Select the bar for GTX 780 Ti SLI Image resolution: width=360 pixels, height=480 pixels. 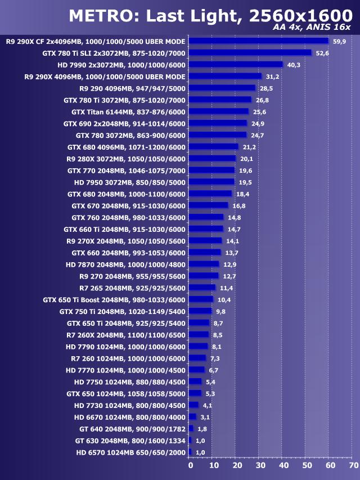[x=250, y=53]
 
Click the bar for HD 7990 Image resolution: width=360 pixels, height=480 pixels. [x=236, y=65]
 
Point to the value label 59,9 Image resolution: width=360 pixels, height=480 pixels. [x=339, y=41]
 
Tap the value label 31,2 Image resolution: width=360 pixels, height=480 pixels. [x=273, y=77]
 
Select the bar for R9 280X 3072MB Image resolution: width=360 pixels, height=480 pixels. [x=212, y=159]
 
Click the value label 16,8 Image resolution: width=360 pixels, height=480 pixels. [x=239, y=206]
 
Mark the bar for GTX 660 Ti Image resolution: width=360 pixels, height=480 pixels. [x=206, y=229]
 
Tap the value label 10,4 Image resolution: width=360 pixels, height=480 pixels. [x=224, y=299]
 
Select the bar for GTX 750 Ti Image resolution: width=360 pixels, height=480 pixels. [x=200, y=311]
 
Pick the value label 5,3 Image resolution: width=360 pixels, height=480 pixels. [x=211, y=393]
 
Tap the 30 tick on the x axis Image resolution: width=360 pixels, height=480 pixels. [x=260, y=465]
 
